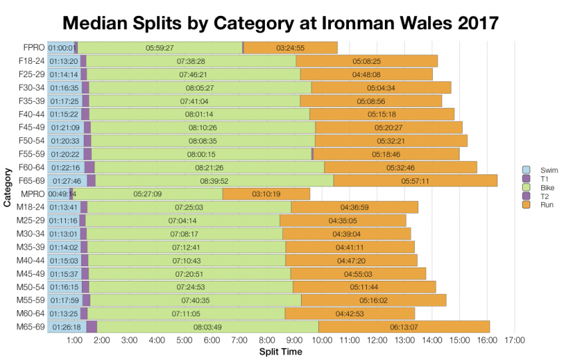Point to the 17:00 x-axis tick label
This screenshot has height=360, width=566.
tap(514, 340)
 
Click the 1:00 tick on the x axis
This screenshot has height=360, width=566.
tap(75, 340)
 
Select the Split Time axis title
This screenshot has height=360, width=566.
tap(280, 351)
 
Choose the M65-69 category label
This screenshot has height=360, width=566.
tap(31, 327)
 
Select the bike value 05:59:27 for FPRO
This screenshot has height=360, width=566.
tap(159, 48)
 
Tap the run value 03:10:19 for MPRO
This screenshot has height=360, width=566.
tap(266, 194)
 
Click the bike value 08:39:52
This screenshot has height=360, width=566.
tap(214, 180)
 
